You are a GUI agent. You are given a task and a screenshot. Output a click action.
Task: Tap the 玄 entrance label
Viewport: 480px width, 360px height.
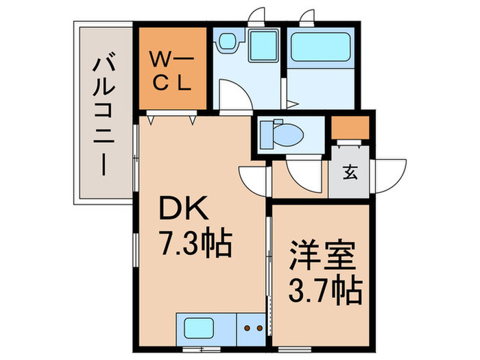tap(350, 172)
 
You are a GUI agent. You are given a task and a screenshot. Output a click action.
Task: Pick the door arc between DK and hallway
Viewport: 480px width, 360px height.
tap(252, 180)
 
